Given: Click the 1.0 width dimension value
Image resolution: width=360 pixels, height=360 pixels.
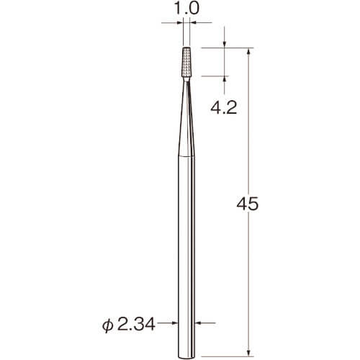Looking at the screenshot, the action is pyautogui.click(x=186, y=9).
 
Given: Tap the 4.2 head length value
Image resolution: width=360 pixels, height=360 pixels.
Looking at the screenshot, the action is pyautogui.click(x=224, y=108).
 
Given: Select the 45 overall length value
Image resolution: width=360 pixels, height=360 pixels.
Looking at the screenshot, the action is pyautogui.click(x=248, y=204).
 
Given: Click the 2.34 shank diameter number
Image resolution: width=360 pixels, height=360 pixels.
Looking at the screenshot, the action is pyautogui.click(x=137, y=325).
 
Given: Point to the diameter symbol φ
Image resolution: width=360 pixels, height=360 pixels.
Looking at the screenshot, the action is pyautogui.click(x=108, y=325).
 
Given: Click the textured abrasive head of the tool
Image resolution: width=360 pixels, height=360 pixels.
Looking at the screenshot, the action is pyautogui.click(x=186, y=62).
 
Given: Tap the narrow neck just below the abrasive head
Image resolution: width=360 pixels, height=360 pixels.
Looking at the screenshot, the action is pyautogui.click(x=186, y=79).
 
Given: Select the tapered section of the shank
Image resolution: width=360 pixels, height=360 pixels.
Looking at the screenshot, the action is pyautogui.click(x=186, y=119).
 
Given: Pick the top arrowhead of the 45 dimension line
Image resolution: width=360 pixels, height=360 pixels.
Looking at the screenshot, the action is pyautogui.click(x=248, y=52).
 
